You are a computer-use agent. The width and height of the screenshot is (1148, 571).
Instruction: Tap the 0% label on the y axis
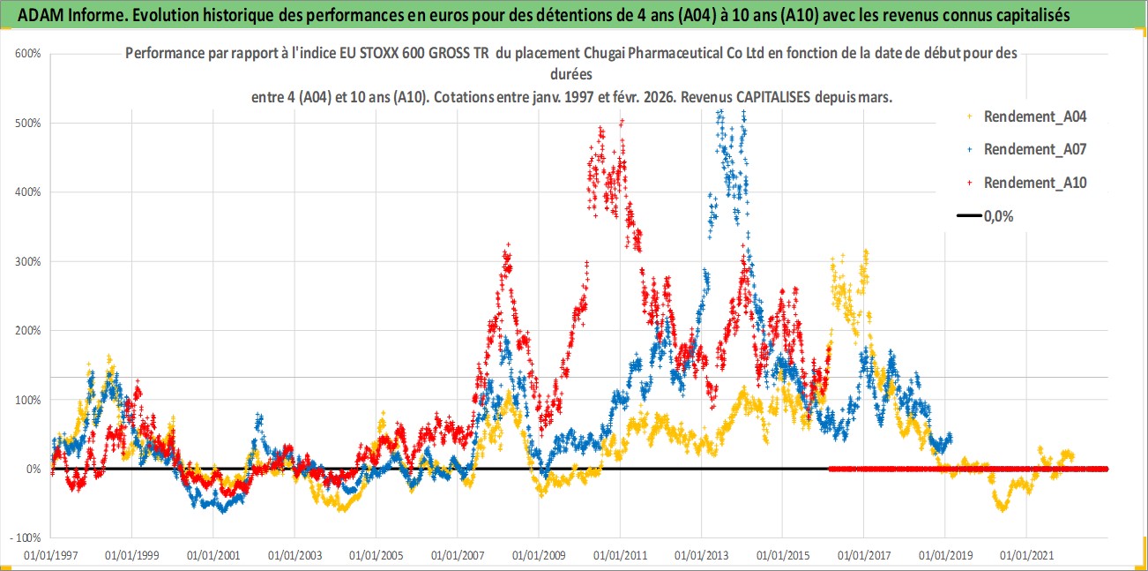pos(33,469)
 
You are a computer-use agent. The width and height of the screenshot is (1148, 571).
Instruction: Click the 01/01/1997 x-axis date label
pos(50,557)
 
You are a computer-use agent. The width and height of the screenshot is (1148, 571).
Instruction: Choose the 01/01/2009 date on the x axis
pos(539,557)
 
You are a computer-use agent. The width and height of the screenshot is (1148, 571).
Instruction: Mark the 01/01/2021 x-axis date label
pos(1026,557)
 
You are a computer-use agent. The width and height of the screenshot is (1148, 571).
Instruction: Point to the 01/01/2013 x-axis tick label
pos(701,557)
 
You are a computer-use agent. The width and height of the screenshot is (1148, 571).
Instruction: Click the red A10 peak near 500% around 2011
pos(622,122)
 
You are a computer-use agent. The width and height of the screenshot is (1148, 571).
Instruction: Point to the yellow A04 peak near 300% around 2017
pos(866,253)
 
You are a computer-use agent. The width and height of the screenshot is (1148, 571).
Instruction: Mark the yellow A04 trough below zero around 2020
pos(1002,507)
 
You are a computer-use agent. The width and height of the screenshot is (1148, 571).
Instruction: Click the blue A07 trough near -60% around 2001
pos(222,509)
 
